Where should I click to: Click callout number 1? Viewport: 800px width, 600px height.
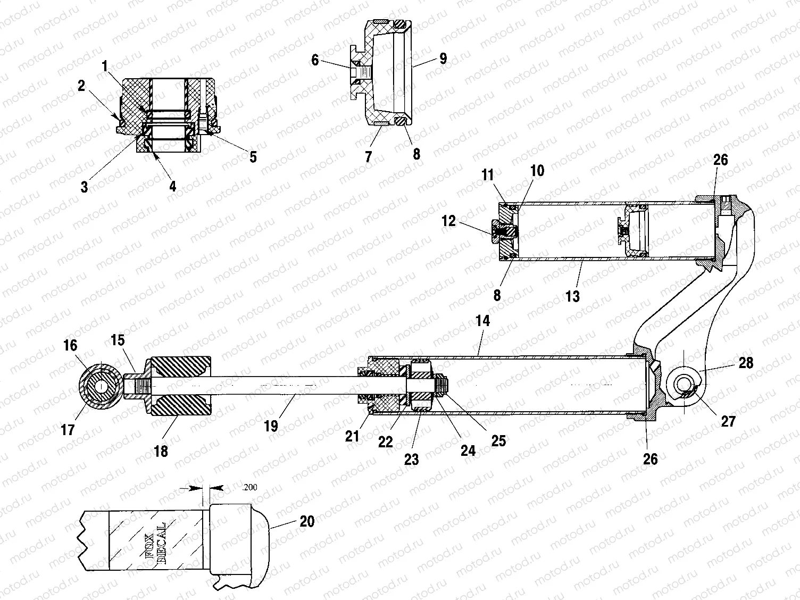[105, 66]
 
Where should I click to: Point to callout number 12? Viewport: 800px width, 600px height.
[449, 220]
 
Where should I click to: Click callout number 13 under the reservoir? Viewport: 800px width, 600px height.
[572, 295]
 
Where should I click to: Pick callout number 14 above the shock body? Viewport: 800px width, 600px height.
[483, 321]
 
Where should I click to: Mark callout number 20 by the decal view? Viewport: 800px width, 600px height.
[307, 521]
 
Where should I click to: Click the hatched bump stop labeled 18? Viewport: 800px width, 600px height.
[181, 386]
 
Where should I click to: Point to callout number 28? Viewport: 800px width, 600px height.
[746, 363]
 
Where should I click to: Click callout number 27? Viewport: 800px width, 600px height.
[728, 421]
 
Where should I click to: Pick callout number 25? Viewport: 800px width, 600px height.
[498, 440]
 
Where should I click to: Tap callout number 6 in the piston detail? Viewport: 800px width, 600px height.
[315, 60]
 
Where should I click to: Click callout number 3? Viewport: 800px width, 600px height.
[84, 187]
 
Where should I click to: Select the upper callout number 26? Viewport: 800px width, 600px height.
[721, 160]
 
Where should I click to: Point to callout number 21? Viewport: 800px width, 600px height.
[352, 436]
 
